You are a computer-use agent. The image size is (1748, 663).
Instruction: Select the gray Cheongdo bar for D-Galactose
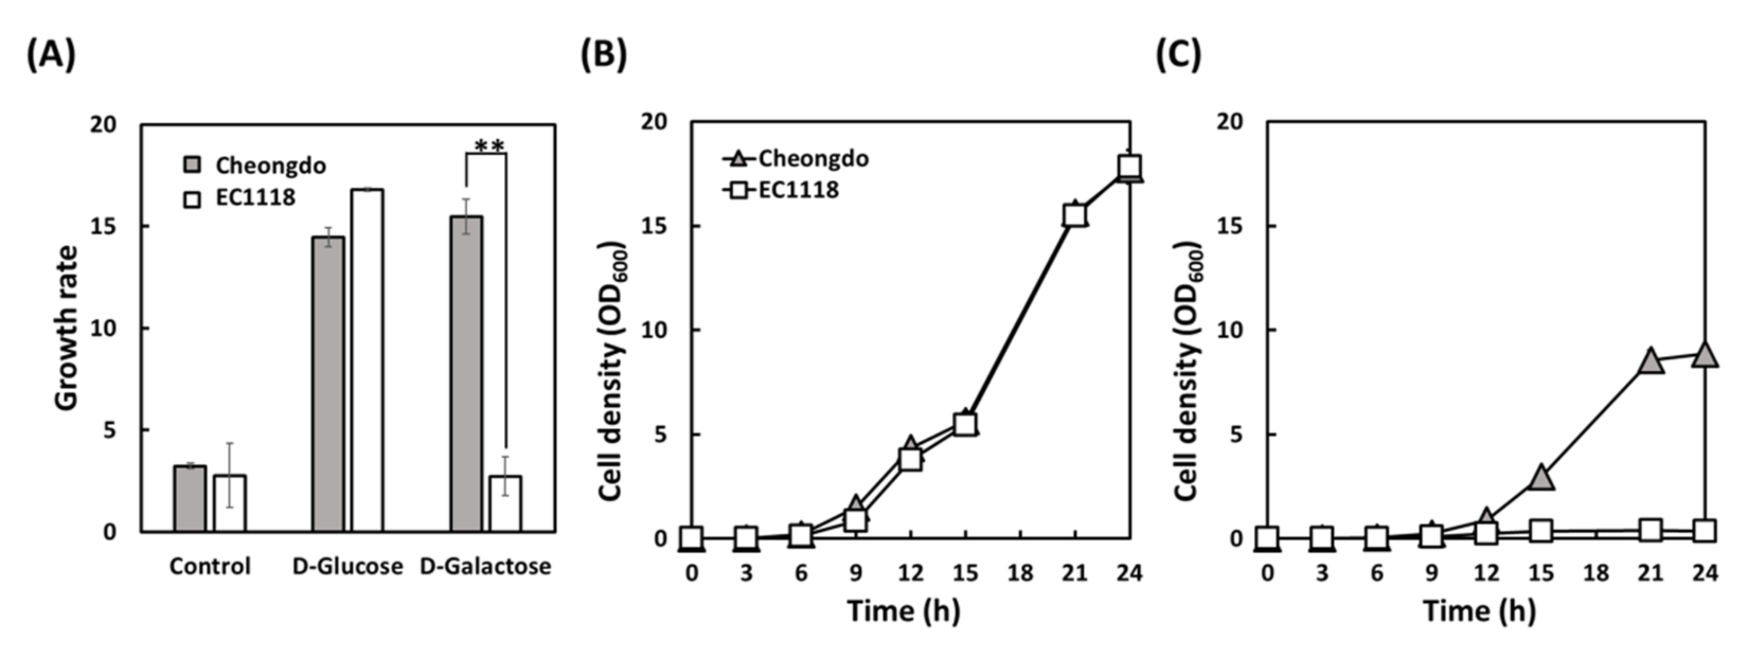467,373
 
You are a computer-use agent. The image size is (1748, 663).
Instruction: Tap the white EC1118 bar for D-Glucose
367,360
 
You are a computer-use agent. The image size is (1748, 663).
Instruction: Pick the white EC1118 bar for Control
229,503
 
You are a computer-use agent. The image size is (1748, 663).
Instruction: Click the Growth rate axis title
67,328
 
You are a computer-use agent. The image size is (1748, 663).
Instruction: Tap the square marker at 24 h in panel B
1130,166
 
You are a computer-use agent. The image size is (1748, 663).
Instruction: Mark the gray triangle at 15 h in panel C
1542,478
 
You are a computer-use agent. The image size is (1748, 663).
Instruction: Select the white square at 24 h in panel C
1705,531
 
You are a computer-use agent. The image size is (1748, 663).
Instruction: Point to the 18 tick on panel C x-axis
1596,574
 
